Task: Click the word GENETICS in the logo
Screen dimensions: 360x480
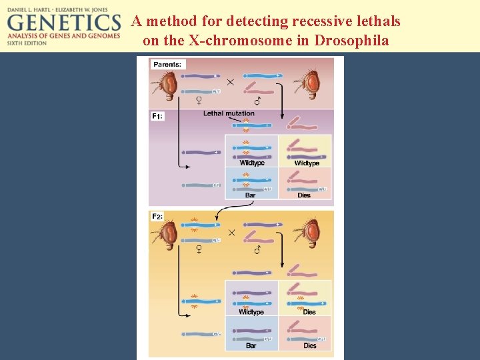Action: [63, 27]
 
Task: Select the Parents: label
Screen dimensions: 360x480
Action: [167, 65]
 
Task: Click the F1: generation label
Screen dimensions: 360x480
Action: [157, 116]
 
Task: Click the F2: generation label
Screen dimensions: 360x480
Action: [157, 217]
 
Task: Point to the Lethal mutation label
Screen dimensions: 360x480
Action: [229, 113]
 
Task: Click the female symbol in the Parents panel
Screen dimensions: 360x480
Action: [199, 101]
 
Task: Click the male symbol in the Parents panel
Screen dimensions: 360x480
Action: [258, 101]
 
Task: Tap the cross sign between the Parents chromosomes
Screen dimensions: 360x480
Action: [230, 82]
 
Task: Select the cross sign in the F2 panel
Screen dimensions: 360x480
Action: [232, 233]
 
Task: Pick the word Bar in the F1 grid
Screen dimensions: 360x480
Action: [250, 195]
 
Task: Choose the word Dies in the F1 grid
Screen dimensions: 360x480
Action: [304, 195]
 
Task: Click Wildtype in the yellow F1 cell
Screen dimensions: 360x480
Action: [307, 163]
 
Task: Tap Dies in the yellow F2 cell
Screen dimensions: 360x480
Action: [309, 312]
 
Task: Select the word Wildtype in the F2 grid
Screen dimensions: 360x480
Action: [251, 312]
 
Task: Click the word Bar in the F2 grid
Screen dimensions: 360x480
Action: [251, 346]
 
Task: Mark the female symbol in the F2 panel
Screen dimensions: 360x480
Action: [199, 249]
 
